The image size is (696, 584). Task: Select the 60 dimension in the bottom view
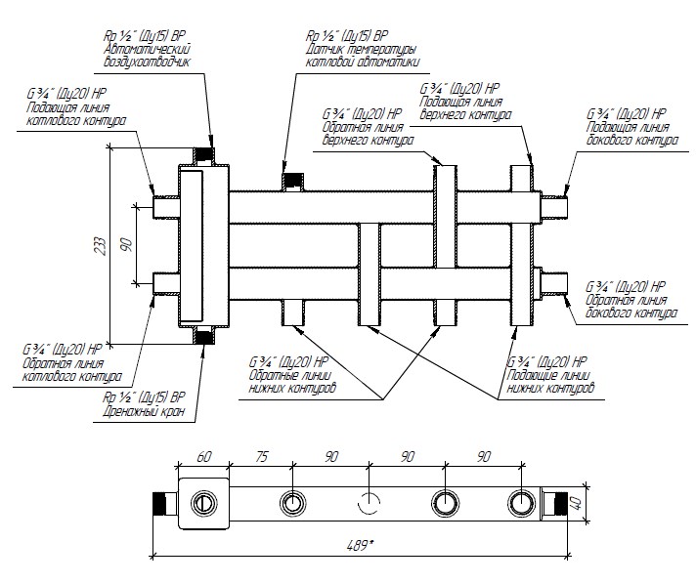[x=203, y=456]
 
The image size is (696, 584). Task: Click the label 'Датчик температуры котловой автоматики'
[x=363, y=54]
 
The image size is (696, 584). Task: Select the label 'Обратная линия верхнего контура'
[x=364, y=133]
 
